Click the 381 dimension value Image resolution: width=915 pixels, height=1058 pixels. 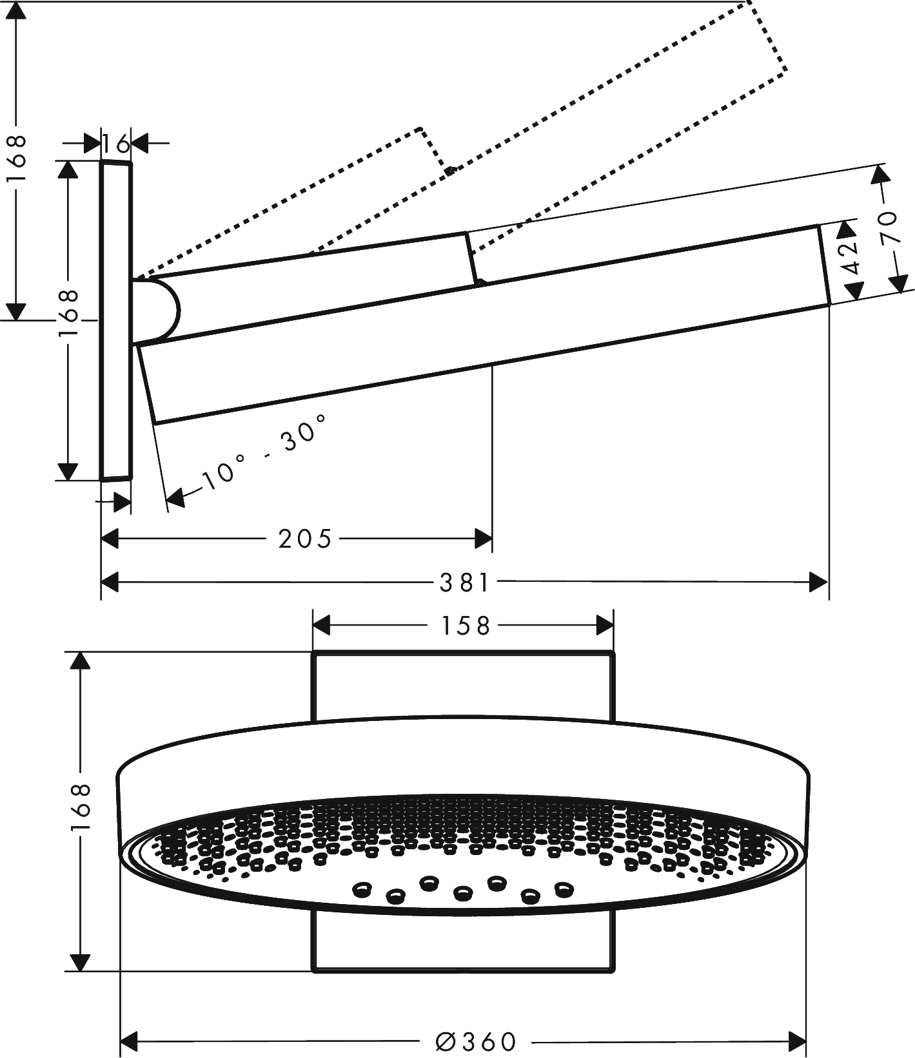(465, 583)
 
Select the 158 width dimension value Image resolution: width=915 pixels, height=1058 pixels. (466, 626)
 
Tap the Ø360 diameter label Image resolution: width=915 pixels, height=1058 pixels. (477, 1041)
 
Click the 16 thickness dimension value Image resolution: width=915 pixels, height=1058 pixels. (116, 144)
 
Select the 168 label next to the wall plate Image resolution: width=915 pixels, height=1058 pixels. (68, 314)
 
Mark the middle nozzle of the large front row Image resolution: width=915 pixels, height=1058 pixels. (462, 892)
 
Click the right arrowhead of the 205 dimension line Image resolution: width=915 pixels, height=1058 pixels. (483, 539)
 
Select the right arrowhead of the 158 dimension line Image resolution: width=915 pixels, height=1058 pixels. (604, 626)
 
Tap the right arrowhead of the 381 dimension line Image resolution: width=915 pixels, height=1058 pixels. (819, 583)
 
